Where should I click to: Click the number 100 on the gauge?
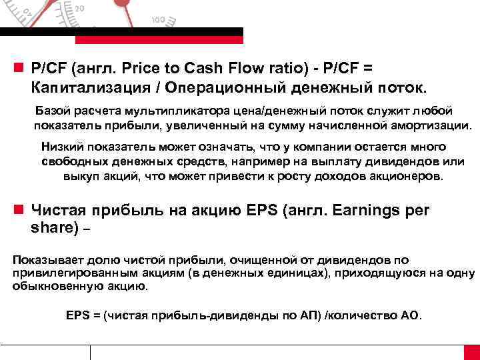pos(158,19)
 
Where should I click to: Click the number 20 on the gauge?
pos(79,8)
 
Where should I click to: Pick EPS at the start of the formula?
pos(79,315)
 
